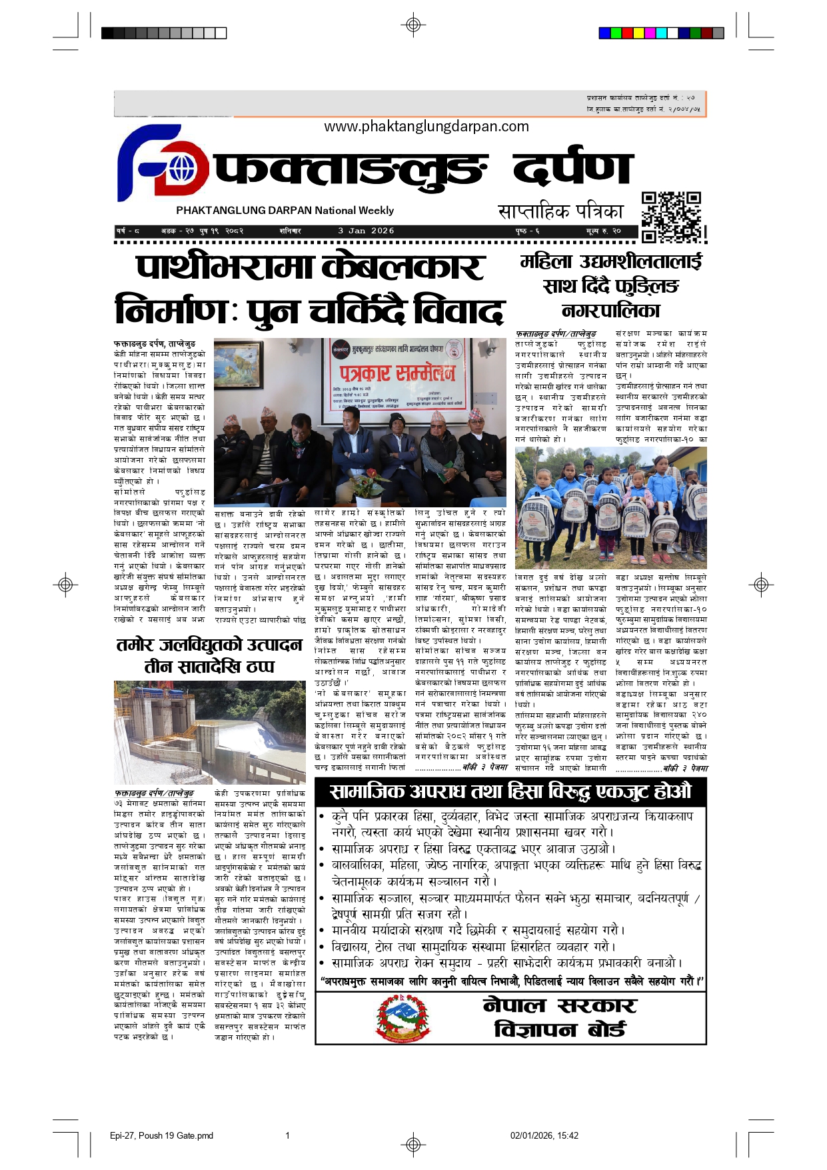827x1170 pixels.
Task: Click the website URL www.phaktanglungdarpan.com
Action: [x=426, y=127]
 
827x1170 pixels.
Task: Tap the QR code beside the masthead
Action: [x=672, y=217]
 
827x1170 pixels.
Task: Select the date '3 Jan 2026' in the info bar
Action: [x=366, y=231]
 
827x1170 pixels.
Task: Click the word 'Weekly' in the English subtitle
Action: [x=377, y=211]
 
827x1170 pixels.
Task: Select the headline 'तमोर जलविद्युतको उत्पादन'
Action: [x=209, y=645]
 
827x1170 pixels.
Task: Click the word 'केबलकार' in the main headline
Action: [x=403, y=267]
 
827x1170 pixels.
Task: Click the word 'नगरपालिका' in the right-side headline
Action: [x=610, y=310]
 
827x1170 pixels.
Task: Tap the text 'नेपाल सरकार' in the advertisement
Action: [x=560, y=1005]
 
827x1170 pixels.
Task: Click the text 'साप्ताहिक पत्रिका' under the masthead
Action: [x=560, y=212]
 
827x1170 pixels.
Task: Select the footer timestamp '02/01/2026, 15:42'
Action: [x=544, y=1135]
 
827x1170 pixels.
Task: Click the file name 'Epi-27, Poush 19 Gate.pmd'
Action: [x=161, y=1135]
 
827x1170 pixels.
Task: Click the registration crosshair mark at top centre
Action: [x=413, y=25]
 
